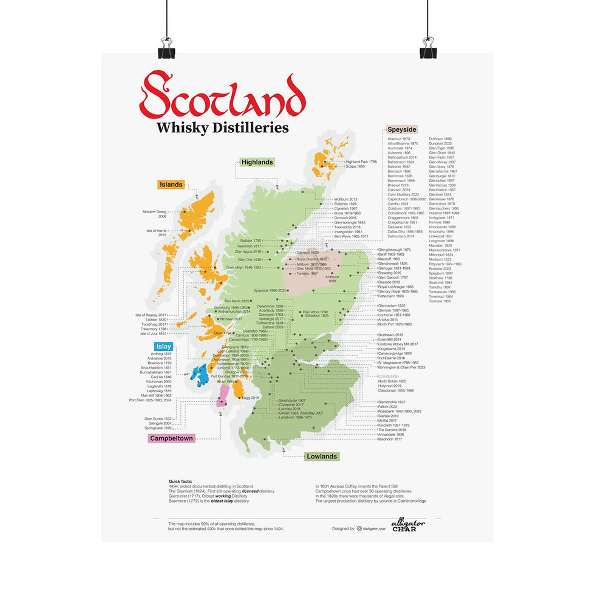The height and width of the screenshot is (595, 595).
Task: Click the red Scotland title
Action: (222, 97)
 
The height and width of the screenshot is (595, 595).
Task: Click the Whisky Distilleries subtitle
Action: (222, 127)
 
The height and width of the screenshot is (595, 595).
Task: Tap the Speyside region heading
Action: (402, 129)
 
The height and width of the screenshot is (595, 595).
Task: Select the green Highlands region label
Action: (256, 162)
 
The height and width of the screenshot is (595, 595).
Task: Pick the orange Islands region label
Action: (171, 185)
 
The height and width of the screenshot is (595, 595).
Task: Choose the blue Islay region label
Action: (162, 346)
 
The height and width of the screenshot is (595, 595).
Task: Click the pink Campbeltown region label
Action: (171, 438)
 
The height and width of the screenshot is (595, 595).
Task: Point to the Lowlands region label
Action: (321, 456)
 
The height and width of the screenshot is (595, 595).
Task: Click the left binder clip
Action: (166, 49)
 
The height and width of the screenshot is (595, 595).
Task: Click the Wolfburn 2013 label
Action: (345, 199)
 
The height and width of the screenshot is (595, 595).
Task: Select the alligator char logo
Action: (408, 525)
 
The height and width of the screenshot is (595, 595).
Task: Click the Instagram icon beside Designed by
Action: (359, 529)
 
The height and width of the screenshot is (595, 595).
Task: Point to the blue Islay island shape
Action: (199, 372)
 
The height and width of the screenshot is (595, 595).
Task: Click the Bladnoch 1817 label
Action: (390, 439)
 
